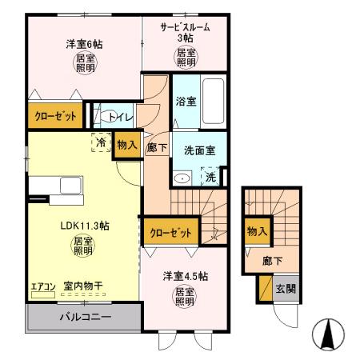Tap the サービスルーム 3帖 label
[185, 31]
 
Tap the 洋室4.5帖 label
[185, 275]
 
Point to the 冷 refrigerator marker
[102, 142]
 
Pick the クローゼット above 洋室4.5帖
[171, 233]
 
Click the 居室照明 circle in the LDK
[83, 246]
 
